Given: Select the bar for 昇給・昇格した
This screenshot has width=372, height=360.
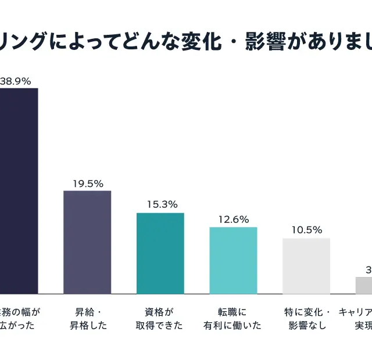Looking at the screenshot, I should point(87,242).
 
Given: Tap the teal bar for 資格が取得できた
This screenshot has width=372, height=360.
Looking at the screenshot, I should point(160,253).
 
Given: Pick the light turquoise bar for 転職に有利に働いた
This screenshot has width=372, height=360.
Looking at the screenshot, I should point(233,260).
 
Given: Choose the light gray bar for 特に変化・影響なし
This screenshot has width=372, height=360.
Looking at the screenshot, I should point(306,266).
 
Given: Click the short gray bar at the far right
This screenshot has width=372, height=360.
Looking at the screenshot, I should point(364,285).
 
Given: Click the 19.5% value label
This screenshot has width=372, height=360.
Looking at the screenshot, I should point(88,183).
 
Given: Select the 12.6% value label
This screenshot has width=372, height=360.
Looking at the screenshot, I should point(234,219).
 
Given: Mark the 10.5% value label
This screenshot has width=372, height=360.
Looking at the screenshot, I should point(306,230).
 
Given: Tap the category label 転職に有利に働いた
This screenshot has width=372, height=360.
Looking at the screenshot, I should point(233,318).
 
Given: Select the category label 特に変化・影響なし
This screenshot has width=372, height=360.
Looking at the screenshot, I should point(307,318).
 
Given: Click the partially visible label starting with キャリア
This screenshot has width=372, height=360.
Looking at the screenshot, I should point(356,318).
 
